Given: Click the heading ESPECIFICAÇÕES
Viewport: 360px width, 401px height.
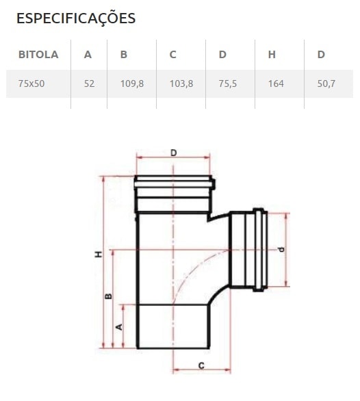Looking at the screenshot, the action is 76,18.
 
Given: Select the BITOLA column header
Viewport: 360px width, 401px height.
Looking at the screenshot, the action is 38,55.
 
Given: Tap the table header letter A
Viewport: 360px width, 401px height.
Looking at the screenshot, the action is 88,55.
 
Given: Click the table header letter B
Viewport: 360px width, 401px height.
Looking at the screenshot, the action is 124,55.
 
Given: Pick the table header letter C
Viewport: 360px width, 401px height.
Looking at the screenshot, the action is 173,55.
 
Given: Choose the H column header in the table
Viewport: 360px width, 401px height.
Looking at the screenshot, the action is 272,55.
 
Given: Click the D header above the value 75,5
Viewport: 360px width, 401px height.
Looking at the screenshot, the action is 222,55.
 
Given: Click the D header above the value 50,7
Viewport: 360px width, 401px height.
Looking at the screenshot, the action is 321,55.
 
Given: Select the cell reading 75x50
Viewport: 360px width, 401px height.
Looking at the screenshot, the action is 31,83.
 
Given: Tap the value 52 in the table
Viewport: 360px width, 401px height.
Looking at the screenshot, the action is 89,83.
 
